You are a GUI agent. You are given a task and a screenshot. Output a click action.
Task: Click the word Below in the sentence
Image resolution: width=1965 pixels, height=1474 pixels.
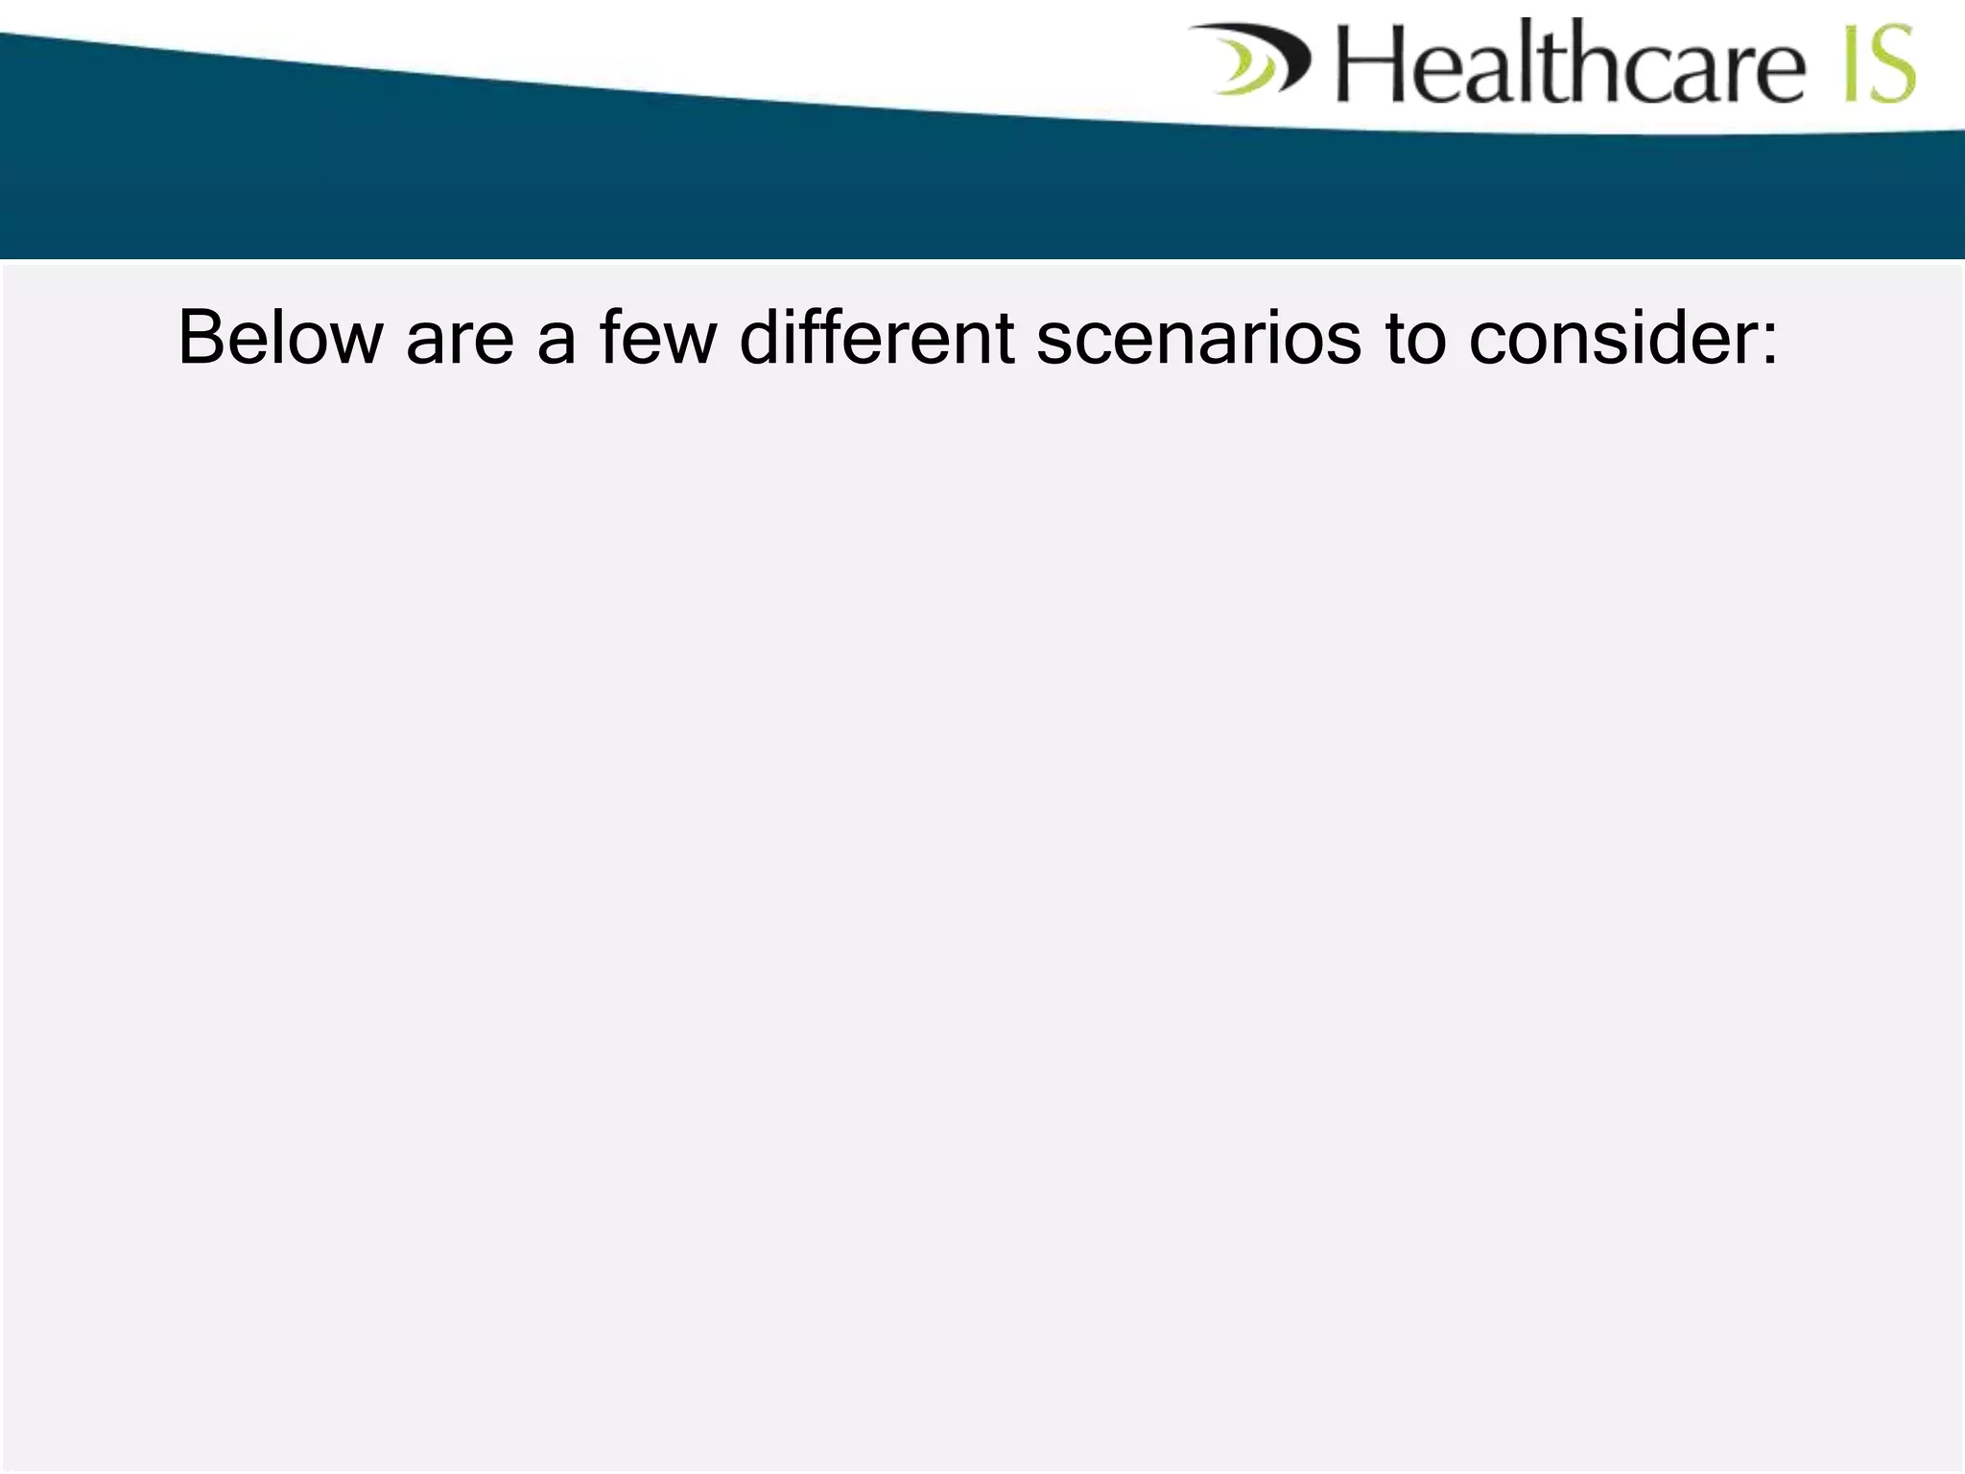pyautogui.click(x=280, y=338)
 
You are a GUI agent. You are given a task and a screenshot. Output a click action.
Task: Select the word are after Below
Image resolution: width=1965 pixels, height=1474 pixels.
pyautogui.click(x=460, y=338)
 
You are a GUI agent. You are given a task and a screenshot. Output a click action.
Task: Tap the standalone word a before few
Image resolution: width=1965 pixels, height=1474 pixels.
pyautogui.click(x=556, y=340)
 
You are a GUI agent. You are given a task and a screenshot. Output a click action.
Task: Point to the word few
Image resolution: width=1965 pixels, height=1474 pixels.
pyautogui.click(x=658, y=338)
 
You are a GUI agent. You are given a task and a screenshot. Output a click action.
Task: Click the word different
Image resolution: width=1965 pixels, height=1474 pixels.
pyautogui.click(x=877, y=338)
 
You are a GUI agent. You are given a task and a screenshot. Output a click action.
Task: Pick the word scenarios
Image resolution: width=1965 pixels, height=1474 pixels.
pyautogui.click(x=1198, y=338)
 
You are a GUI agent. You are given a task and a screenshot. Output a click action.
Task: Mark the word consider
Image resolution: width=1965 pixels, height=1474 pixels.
pyautogui.click(x=1612, y=338)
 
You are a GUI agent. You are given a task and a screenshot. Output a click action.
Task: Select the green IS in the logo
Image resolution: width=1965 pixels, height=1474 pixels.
pyautogui.click(x=1879, y=63)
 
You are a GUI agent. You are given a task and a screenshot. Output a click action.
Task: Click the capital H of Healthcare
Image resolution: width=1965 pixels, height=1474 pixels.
pyautogui.click(x=1370, y=63)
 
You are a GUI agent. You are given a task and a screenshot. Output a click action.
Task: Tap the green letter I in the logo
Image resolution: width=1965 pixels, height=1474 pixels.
pyautogui.click(x=1852, y=63)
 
